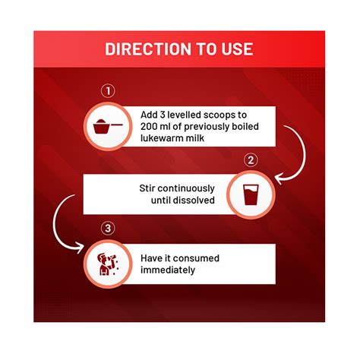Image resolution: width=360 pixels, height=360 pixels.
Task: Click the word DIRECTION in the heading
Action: pyautogui.click(x=148, y=49)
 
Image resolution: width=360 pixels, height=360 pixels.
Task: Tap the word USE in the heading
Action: pyautogui.click(x=237, y=49)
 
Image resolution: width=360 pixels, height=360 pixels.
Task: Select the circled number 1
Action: pyautogui.click(x=108, y=91)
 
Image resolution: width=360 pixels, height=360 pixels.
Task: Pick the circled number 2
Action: pyautogui.click(x=251, y=160)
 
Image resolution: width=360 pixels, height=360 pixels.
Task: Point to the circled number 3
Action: pyautogui.click(x=108, y=229)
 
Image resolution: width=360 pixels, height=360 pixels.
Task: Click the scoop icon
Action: pyautogui.click(x=108, y=126)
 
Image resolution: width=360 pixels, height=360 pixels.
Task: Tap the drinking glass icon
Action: pyautogui.click(x=251, y=194)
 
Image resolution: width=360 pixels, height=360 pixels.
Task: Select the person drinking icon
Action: pyautogui.click(x=107, y=264)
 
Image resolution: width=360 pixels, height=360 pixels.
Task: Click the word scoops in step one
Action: pyautogui.click(x=219, y=115)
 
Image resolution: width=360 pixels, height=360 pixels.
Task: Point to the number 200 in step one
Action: pyautogui.click(x=148, y=126)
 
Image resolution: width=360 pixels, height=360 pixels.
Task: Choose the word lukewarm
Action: pyautogui.click(x=162, y=138)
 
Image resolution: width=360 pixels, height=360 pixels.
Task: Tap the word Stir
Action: pyautogui.click(x=147, y=188)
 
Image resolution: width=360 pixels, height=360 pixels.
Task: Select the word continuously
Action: pyautogui.click(x=186, y=189)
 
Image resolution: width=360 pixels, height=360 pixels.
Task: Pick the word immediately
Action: pyautogui.click(x=168, y=270)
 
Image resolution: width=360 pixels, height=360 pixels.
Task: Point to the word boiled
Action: pyautogui.click(x=245, y=126)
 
